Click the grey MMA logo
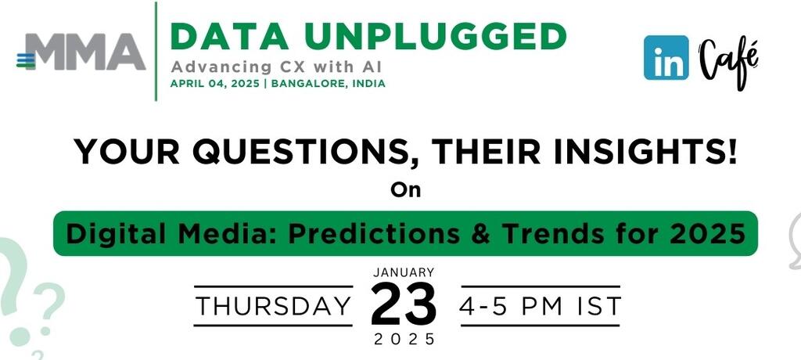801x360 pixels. (81, 52)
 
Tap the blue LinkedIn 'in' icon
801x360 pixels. (666, 57)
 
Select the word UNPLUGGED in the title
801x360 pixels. (434, 37)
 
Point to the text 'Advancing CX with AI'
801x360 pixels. (276, 67)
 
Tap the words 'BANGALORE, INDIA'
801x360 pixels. (328, 84)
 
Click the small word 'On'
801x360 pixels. (406, 190)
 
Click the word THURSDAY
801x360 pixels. (274, 306)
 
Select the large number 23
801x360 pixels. (404, 304)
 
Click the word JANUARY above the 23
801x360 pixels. (404, 272)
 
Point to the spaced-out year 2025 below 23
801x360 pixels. (404, 339)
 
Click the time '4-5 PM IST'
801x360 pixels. (540, 306)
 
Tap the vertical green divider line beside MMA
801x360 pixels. (156, 51)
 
